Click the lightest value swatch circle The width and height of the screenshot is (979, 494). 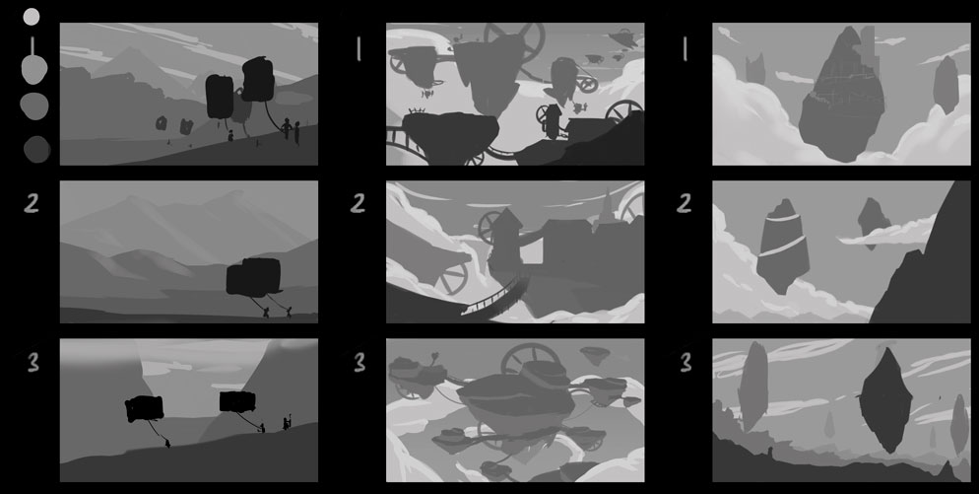point(32,17)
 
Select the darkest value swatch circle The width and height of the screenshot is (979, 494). point(36,150)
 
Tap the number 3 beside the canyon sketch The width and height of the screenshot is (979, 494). point(33,363)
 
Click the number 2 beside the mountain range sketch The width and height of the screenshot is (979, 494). point(32,203)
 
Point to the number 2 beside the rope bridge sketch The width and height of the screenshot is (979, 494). point(358,203)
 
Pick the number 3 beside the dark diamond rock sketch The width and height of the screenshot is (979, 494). point(685,363)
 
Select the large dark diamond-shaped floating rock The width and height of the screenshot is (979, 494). point(885,400)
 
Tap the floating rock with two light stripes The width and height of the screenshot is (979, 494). point(783,247)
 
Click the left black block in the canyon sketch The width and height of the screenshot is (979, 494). point(144,409)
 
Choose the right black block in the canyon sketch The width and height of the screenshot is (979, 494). point(237,401)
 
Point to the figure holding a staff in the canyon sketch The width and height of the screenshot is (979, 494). point(287,422)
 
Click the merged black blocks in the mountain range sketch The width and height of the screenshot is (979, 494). point(253,276)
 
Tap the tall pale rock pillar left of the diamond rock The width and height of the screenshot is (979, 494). point(753,385)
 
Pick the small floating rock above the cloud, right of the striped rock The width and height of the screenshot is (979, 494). point(874,221)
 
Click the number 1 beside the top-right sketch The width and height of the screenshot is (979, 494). point(685,48)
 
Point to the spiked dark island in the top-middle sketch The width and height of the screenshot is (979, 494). point(451,136)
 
